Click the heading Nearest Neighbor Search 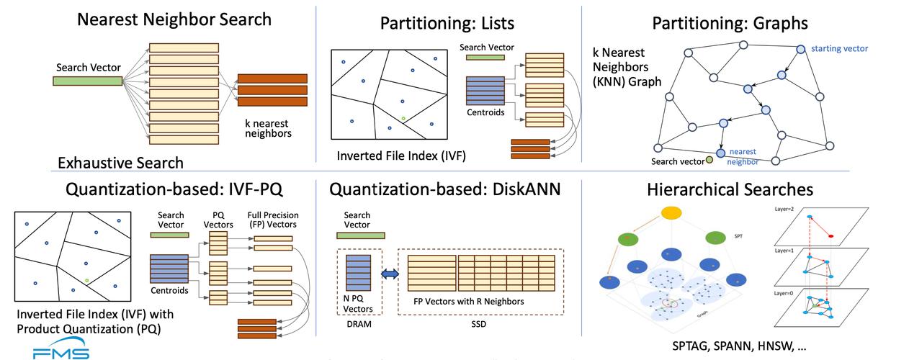click(x=175, y=19)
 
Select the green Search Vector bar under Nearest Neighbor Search click(x=97, y=81)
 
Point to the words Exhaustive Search click(x=120, y=162)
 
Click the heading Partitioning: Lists click(x=447, y=23)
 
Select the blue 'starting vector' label click(x=839, y=49)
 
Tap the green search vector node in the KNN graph click(x=709, y=160)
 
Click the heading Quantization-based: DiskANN click(x=444, y=189)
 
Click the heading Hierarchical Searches click(x=730, y=189)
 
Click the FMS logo click(x=61, y=353)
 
